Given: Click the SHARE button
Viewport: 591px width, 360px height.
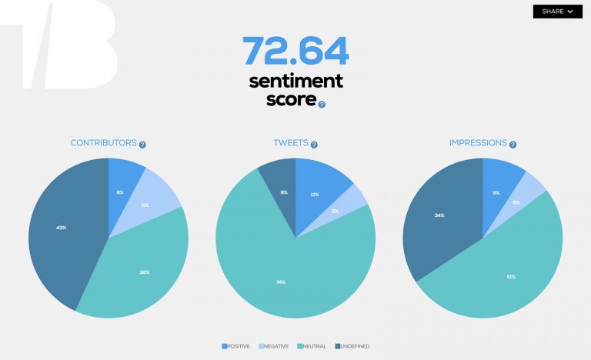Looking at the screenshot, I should (x=557, y=12).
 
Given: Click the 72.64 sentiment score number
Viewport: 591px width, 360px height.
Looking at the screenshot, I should (x=295, y=51).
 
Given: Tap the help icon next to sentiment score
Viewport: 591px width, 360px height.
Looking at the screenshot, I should (x=322, y=105).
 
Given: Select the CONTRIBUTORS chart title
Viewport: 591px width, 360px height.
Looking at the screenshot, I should (x=103, y=143).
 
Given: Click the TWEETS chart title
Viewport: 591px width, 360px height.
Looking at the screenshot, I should (x=291, y=144).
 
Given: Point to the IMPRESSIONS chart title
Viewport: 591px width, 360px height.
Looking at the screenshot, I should (x=478, y=143).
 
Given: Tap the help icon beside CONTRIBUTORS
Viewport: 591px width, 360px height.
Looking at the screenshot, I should (x=142, y=144).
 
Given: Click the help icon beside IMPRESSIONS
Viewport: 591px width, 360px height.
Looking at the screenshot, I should (x=513, y=144).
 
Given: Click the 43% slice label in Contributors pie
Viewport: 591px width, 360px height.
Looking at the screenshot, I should (x=61, y=228).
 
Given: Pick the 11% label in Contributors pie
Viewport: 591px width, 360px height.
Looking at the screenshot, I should (x=144, y=205).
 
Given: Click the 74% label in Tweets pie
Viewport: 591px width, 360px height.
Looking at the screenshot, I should (x=281, y=282).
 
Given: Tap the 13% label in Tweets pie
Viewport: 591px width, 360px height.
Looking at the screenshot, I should (x=315, y=195).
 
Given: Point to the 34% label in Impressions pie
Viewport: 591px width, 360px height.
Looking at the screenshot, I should (x=439, y=215).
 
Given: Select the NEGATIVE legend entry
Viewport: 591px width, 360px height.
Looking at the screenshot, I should (x=274, y=346).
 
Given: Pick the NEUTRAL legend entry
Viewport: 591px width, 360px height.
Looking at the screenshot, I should (x=312, y=346).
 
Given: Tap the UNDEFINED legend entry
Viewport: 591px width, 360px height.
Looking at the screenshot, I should (x=352, y=346).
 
